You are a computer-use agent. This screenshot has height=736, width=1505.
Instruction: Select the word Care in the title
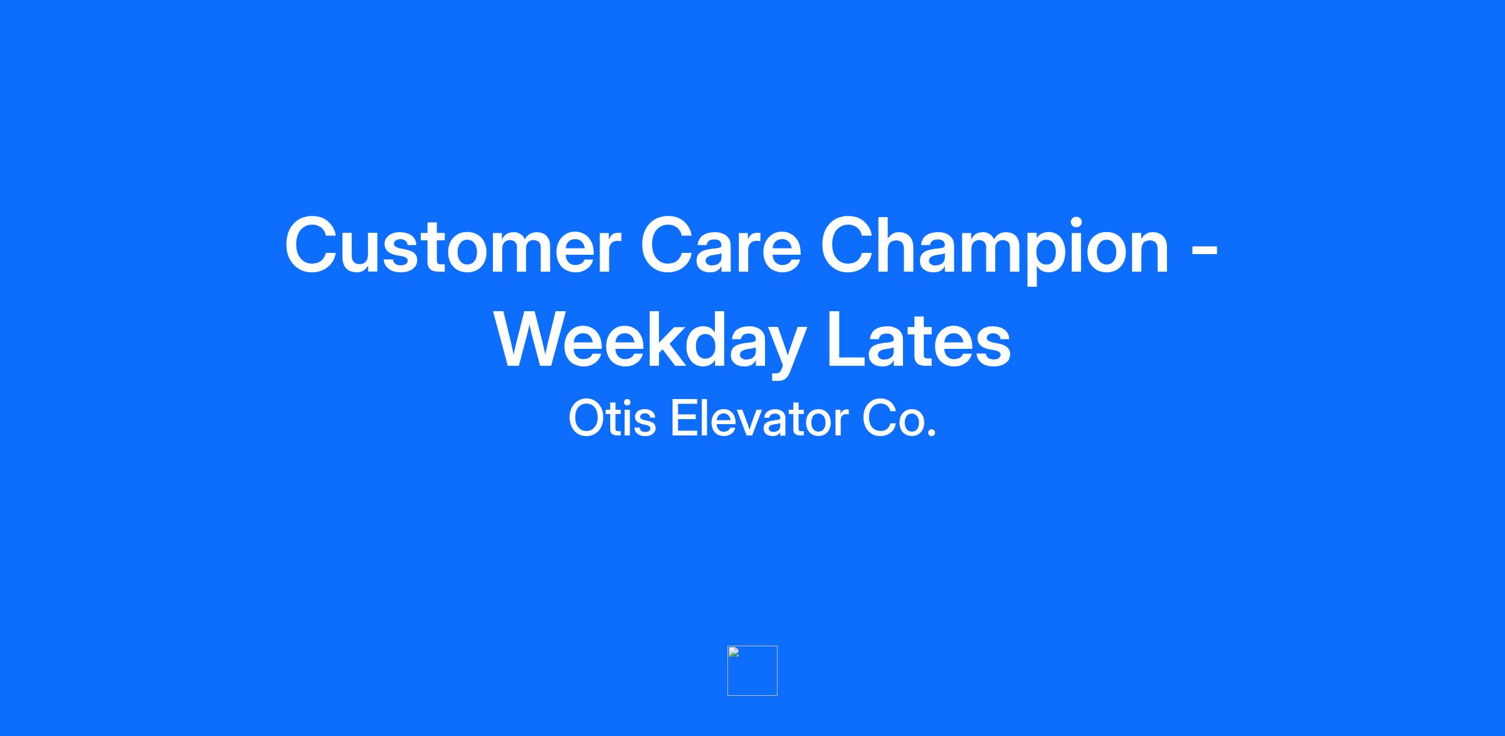pyautogui.click(x=721, y=246)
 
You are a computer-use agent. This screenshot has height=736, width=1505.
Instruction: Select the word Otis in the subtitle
pyautogui.click(x=612, y=419)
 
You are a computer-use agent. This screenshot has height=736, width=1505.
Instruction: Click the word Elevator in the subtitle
pyautogui.click(x=758, y=419)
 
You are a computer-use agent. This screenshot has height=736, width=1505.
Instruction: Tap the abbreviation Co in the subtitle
pyautogui.click(x=890, y=419)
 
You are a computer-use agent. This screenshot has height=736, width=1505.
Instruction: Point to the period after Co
pyautogui.click(x=931, y=432)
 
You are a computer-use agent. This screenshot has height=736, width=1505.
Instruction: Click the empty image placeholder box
pyautogui.click(x=752, y=671)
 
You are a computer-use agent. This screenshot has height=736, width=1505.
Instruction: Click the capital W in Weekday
pyautogui.click(x=534, y=340)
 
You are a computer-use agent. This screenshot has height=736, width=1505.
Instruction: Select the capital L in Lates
pyautogui.click(x=847, y=340)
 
